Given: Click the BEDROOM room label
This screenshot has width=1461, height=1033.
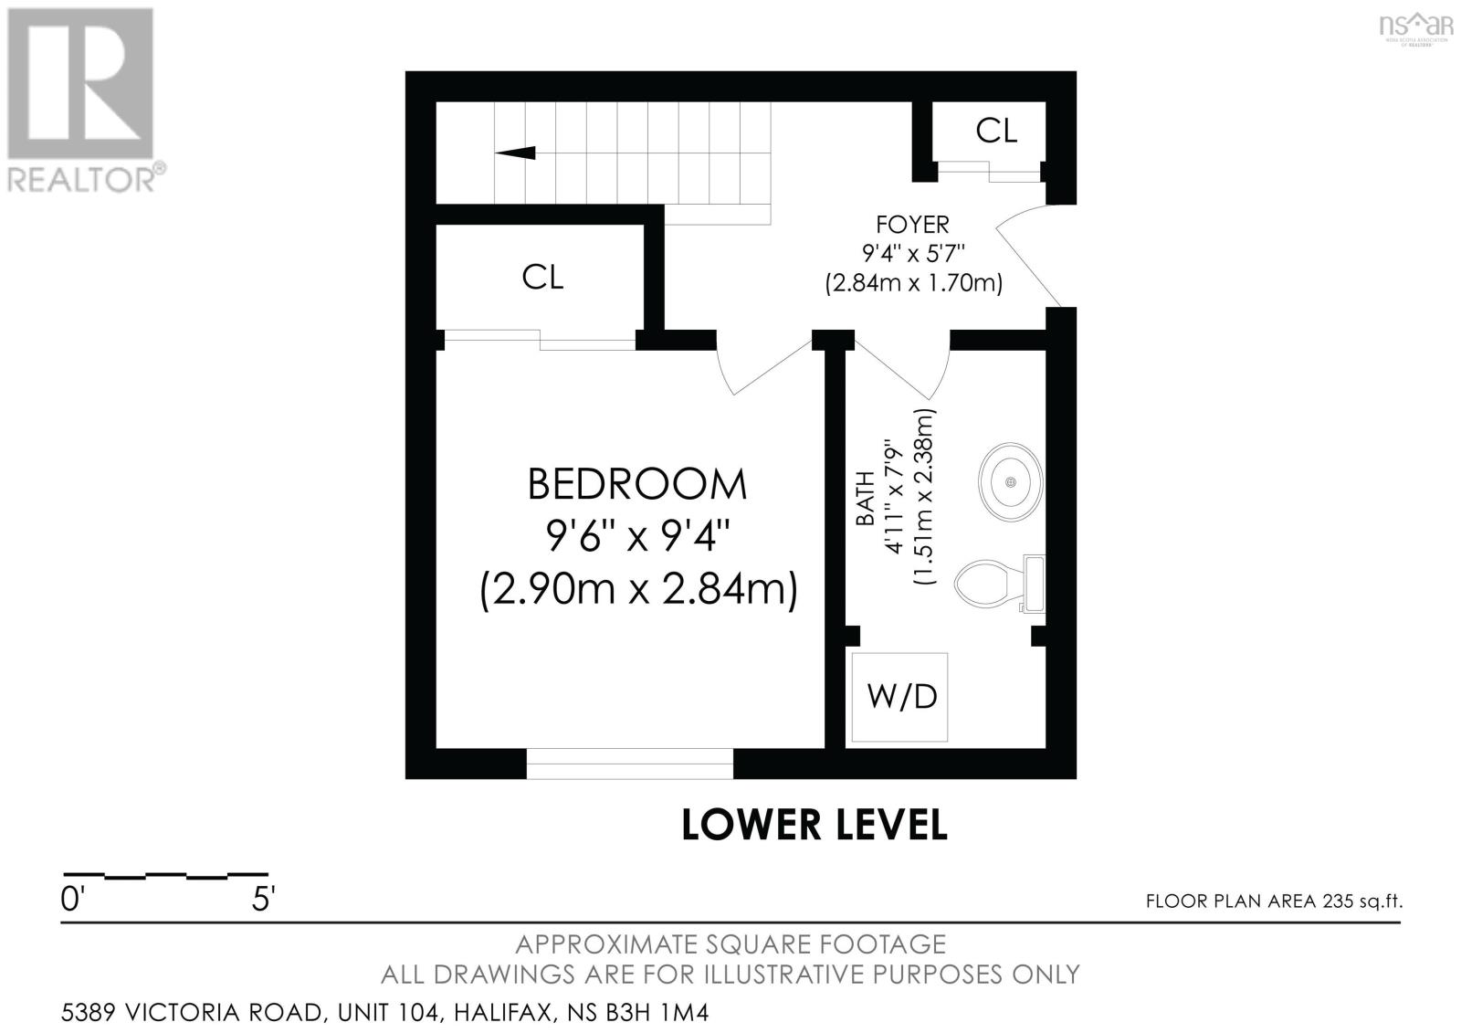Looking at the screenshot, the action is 636,484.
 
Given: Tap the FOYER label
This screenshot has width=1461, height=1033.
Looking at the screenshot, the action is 912,225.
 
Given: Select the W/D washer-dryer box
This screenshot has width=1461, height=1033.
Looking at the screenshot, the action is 899,697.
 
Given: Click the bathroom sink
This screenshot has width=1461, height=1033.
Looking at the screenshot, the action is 1011,482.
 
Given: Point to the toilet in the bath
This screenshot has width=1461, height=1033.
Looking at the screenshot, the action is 1000,583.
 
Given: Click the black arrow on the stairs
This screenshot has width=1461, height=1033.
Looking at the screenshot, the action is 515,153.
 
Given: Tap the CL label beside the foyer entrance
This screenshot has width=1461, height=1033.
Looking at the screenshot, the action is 996,131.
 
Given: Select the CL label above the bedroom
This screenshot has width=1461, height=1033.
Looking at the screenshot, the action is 542,278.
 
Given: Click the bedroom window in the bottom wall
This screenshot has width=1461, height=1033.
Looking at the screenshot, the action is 630,764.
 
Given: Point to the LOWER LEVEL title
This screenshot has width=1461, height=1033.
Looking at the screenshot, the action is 814,824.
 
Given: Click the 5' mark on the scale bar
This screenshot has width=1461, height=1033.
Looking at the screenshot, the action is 264,900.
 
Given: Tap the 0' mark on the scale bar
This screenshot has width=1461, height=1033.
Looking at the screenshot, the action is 72,900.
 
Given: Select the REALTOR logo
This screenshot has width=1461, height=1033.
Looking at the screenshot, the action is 86,101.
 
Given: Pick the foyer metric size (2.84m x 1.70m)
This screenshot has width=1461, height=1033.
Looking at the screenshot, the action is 913,283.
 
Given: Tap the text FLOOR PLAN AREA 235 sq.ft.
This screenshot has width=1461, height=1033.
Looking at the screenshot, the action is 1275,901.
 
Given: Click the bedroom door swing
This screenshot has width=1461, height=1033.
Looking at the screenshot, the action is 764,367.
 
